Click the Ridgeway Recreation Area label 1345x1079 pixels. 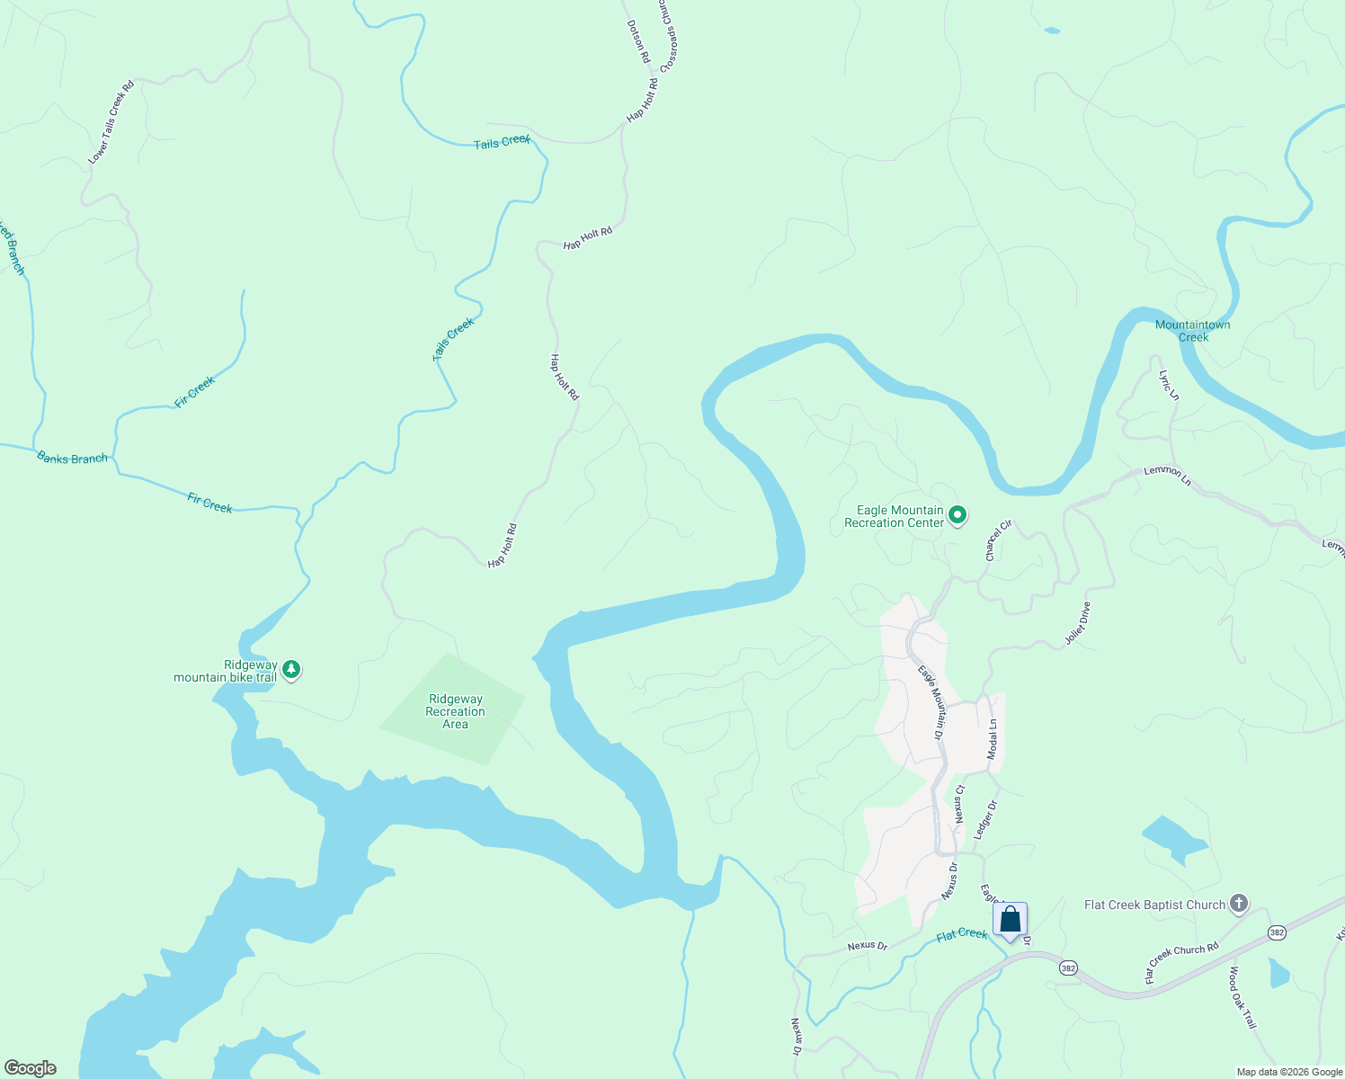coord(455,711)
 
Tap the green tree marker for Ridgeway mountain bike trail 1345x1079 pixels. coord(290,669)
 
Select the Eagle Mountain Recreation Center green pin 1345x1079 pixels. coord(958,515)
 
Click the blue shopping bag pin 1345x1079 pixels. coord(1010,920)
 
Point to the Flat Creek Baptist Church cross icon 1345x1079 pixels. coord(1239,904)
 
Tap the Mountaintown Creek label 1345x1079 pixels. coord(1192,331)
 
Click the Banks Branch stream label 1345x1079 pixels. coord(72,458)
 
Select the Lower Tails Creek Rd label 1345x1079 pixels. coord(111,122)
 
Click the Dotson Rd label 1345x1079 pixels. coord(637,41)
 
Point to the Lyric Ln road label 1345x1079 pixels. coord(1169,385)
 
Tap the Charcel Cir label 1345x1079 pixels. coord(998,540)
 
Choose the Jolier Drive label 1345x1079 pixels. coord(1077,623)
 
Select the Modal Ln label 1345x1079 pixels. coord(993,739)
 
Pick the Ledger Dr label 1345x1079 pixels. coord(986,820)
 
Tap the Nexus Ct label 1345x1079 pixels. coord(959,804)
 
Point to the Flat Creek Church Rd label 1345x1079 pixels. coord(1181,962)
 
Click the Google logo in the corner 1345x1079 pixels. coord(31,1068)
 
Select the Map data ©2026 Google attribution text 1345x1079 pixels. coord(1288,1072)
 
